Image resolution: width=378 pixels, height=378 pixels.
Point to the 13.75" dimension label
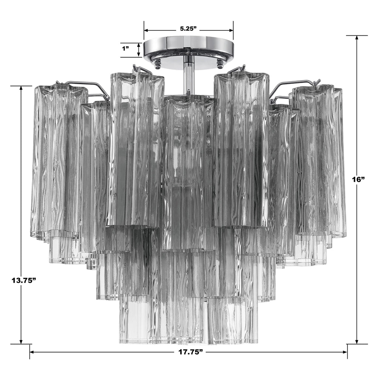click(x=23, y=279)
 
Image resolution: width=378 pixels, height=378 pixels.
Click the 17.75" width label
click(x=189, y=352)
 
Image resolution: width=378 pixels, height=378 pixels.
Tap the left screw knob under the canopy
click(x=157, y=64)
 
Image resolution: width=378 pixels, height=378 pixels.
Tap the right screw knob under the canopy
click(x=220, y=64)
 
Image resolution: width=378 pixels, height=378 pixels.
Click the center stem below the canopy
click(x=189, y=76)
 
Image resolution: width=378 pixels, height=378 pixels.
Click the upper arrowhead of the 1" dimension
click(x=139, y=45)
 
